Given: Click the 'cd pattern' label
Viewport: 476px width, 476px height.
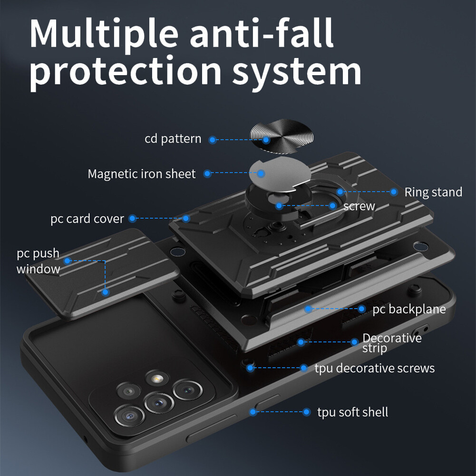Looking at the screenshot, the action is coord(173,139).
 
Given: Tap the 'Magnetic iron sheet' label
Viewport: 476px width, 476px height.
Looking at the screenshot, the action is coord(141,174).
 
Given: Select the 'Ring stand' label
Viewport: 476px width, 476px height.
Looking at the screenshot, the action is coord(433,192).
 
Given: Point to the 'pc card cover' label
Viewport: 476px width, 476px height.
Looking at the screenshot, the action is coord(87,219).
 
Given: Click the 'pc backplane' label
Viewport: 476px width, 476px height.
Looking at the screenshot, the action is coord(409,309).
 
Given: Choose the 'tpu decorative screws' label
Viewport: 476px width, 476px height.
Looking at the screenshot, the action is coord(374,368).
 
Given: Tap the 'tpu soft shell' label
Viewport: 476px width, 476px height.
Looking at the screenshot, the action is coord(352,412).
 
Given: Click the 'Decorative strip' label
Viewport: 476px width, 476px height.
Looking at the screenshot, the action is coord(392,343).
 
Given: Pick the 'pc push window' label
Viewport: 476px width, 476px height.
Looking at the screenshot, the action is coord(38,261).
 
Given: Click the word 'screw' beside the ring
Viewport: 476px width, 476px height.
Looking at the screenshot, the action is coord(359,206).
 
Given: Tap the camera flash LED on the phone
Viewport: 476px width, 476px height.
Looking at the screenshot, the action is coord(154,379).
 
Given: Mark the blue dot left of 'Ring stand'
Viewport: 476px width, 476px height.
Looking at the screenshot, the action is coord(394,192).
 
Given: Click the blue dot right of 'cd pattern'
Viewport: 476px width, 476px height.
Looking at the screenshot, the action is coord(213,140).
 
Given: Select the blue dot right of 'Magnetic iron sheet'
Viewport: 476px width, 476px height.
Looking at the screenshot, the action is coord(207,174).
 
